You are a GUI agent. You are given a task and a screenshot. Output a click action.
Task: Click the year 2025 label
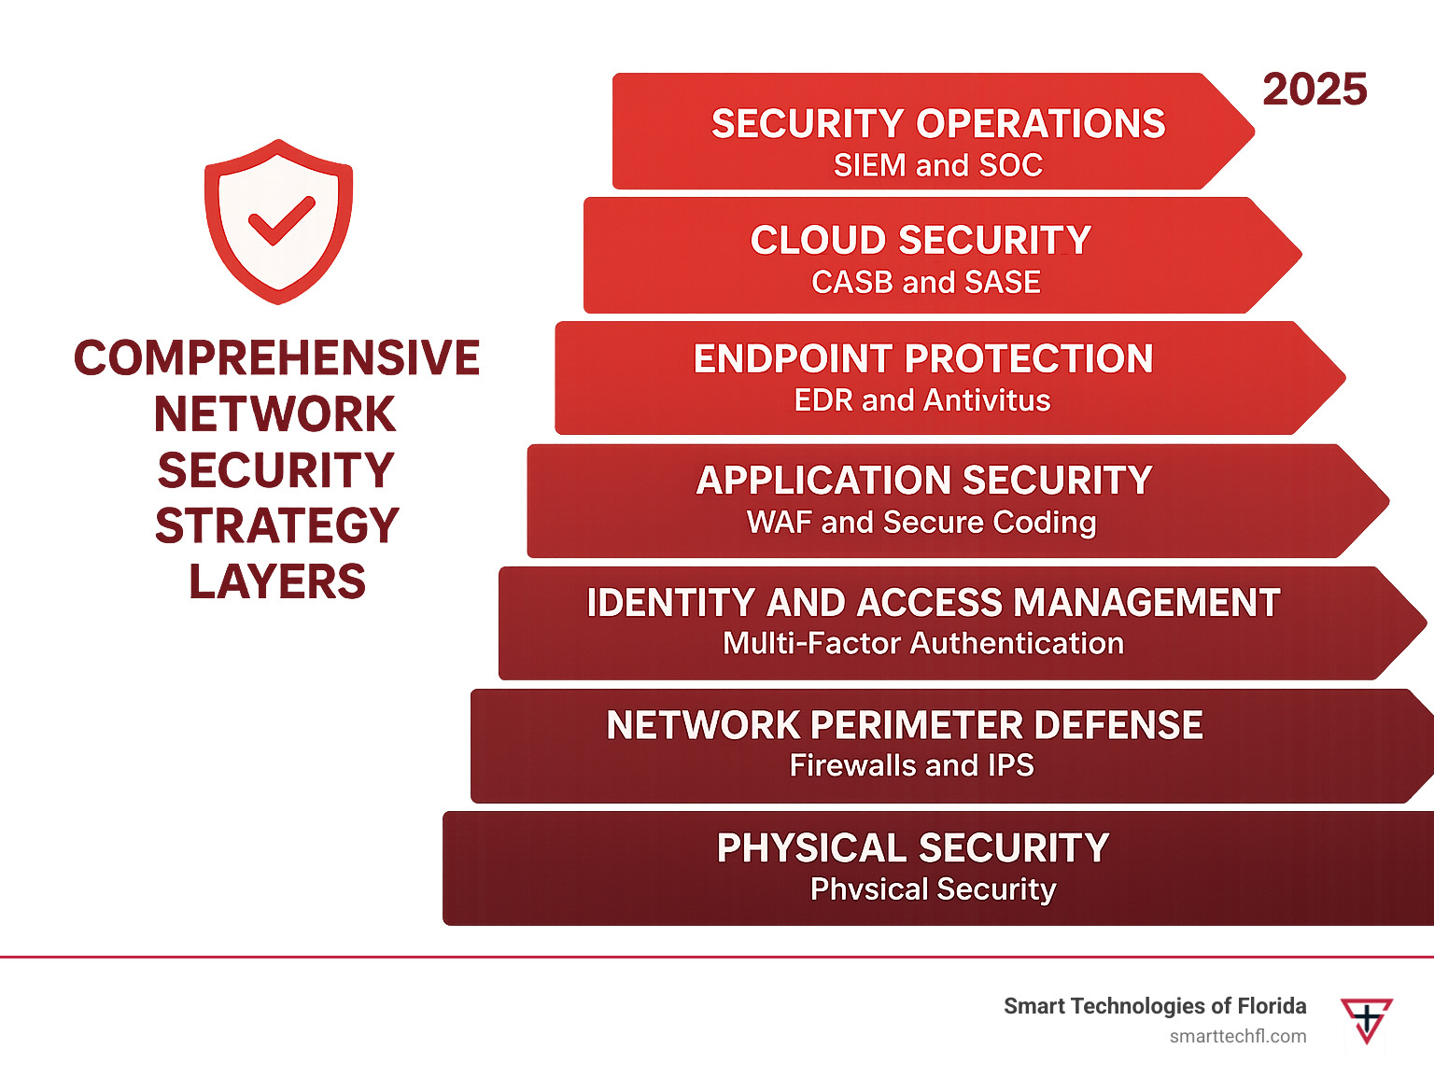(x=1314, y=89)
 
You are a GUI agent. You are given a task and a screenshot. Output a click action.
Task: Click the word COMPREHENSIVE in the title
(x=277, y=357)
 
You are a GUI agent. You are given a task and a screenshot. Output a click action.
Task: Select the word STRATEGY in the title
(x=277, y=525)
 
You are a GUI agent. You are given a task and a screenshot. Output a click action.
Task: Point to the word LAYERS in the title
(x=277, y=581)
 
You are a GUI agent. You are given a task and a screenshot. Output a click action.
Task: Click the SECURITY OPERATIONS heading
(x=938, y=123)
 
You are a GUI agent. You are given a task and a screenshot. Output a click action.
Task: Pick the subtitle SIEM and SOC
(x=938, y=164)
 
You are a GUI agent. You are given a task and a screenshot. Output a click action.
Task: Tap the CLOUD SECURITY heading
(x=921, y=240)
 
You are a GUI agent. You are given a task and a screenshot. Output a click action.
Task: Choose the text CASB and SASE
(x=926, y=282)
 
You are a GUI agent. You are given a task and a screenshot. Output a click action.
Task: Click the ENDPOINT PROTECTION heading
(x=923, y=358)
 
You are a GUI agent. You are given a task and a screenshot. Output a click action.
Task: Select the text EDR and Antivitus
(x=921, y=399)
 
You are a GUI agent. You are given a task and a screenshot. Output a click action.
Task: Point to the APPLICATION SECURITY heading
(x=923, y=480)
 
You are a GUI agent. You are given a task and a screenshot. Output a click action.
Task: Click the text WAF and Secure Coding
(x=921, y=523)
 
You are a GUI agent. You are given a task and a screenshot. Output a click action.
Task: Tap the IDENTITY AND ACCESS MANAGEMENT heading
(x=933, y=602)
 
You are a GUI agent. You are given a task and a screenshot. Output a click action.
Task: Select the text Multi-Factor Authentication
(x=923, y=643)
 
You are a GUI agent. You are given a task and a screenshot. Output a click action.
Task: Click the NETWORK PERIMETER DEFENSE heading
(x=904, y=725)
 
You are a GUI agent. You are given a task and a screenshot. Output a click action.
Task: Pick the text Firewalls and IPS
(x=911, y=765)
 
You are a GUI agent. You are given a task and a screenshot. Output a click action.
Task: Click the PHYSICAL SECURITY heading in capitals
(x=913, y=847)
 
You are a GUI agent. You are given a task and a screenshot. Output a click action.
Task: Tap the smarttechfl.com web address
(x=1237, y=1037)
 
